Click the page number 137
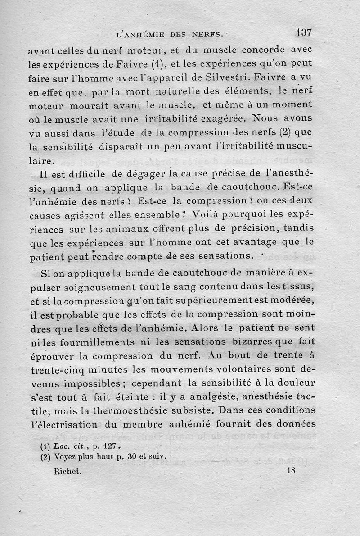pyautogui.click(x=304, y=32)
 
